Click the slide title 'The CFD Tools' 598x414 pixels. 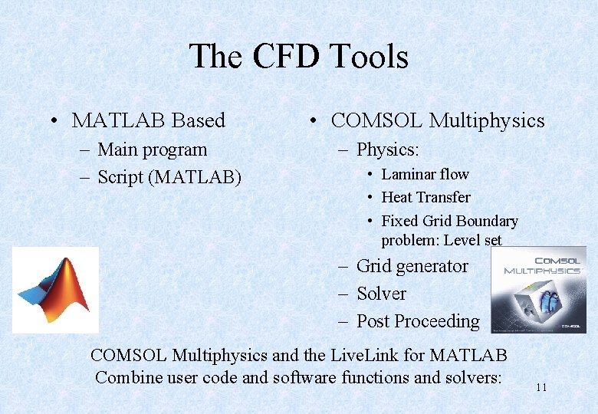tap(298, 58)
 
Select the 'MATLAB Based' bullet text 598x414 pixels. tap(148, 120)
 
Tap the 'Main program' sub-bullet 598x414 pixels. tap(152, 149)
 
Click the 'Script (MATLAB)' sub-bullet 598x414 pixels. tap(169, 177)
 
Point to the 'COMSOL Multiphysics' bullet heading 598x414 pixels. tap(437, 120)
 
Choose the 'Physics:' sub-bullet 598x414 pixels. tap(387, 149)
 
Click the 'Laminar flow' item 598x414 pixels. tap(425, 174)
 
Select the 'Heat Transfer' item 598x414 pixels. tap(426, 198)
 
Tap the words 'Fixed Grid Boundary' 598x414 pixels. tap(449, 221)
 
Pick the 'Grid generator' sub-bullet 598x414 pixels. tap(412, 266)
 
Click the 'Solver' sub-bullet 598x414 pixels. tap(381, 294)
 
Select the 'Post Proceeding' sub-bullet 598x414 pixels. tap(418, 321)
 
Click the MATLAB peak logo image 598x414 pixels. tap(55, 290)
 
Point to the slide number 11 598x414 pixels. tap(540, 388)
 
